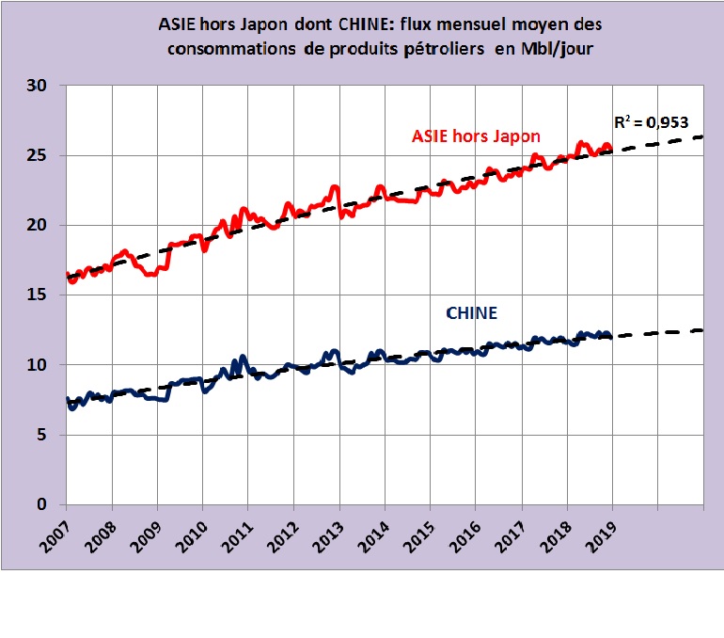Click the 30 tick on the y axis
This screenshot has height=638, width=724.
[x=44, y=86]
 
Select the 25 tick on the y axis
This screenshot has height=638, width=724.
[x=44, y=155]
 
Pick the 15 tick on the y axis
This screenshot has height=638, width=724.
[x=44, y=295]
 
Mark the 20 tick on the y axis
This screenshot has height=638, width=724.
[x=44, y=225]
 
